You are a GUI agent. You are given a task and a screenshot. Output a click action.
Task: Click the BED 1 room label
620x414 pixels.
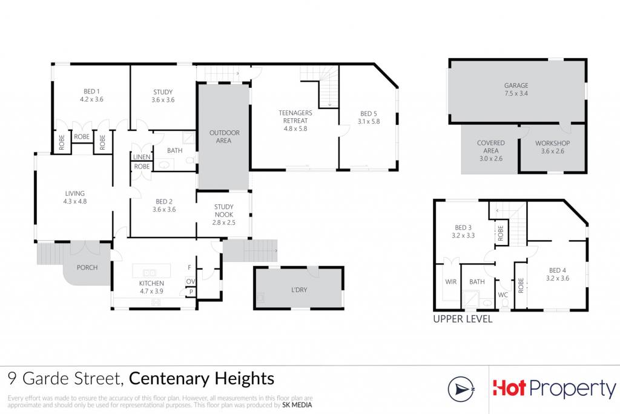[x=91, y=92]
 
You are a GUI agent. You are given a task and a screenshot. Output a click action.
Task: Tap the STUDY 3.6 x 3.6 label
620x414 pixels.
[x=163, y=96]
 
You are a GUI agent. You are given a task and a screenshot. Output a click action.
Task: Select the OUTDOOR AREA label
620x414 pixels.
[x=224, y=136]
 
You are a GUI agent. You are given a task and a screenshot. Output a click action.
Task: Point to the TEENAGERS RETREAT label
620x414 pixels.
[x=295, y=117]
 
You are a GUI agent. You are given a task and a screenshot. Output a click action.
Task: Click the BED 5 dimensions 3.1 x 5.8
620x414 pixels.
[x=369, y=121]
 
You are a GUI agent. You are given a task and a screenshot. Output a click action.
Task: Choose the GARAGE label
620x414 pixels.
[x=516, y=85]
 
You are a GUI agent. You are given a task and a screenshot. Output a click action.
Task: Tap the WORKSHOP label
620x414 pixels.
[x=552, y=143]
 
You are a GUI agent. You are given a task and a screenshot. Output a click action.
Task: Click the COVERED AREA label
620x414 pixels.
[x=490, y=147]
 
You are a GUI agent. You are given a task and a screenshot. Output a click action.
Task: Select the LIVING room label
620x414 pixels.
[x=74, y=193]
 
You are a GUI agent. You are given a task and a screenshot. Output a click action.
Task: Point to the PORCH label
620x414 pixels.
[x=87, y=267]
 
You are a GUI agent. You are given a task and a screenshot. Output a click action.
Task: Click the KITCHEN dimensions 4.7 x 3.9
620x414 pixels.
[x=151, y=292]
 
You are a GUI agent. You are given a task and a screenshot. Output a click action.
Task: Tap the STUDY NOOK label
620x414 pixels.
[x=224, y=210]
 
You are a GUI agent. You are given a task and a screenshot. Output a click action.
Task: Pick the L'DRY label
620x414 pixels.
[x=299, y=290]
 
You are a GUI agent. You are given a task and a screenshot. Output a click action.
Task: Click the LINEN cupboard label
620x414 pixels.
[x=142, y=157]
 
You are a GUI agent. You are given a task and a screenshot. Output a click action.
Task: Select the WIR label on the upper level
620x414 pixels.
[x=450, y=282]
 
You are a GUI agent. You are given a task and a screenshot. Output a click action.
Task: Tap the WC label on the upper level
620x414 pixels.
[x=503, y=295]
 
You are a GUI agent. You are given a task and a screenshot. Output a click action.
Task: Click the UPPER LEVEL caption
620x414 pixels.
[x=463, y=319]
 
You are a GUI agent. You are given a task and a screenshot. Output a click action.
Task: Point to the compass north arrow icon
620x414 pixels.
[x=461, y=389]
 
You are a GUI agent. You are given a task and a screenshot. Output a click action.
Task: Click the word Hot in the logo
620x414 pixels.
[x=509, y=388]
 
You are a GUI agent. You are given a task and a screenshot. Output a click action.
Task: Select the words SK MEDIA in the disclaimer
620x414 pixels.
[x=297, y=405]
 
